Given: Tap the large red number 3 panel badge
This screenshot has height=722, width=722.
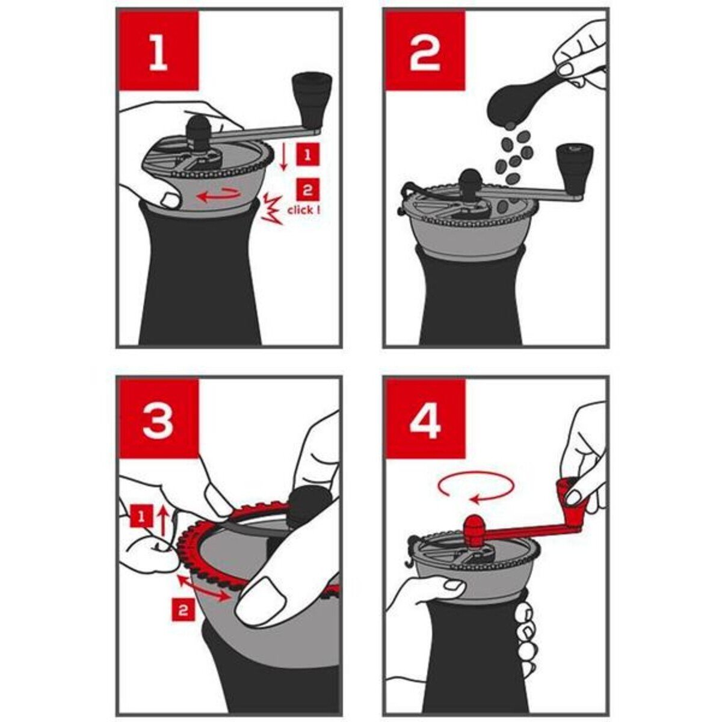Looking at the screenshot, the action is tap(158, 419).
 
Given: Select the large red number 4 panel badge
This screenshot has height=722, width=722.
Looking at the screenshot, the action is tap(425, 419).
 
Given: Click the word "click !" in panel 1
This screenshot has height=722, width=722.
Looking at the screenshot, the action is tap(303, 210).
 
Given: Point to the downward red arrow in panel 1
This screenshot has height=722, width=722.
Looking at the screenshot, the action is tap(283, 158).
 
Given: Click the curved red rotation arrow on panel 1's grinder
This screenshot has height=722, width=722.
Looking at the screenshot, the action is tap(219, 194).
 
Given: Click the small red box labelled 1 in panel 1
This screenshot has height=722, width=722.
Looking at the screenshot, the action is tap(308, 155).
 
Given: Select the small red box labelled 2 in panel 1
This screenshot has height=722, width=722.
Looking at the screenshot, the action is tap(308, 190).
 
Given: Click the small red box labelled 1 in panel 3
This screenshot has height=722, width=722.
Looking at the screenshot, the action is tap(141, 516).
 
